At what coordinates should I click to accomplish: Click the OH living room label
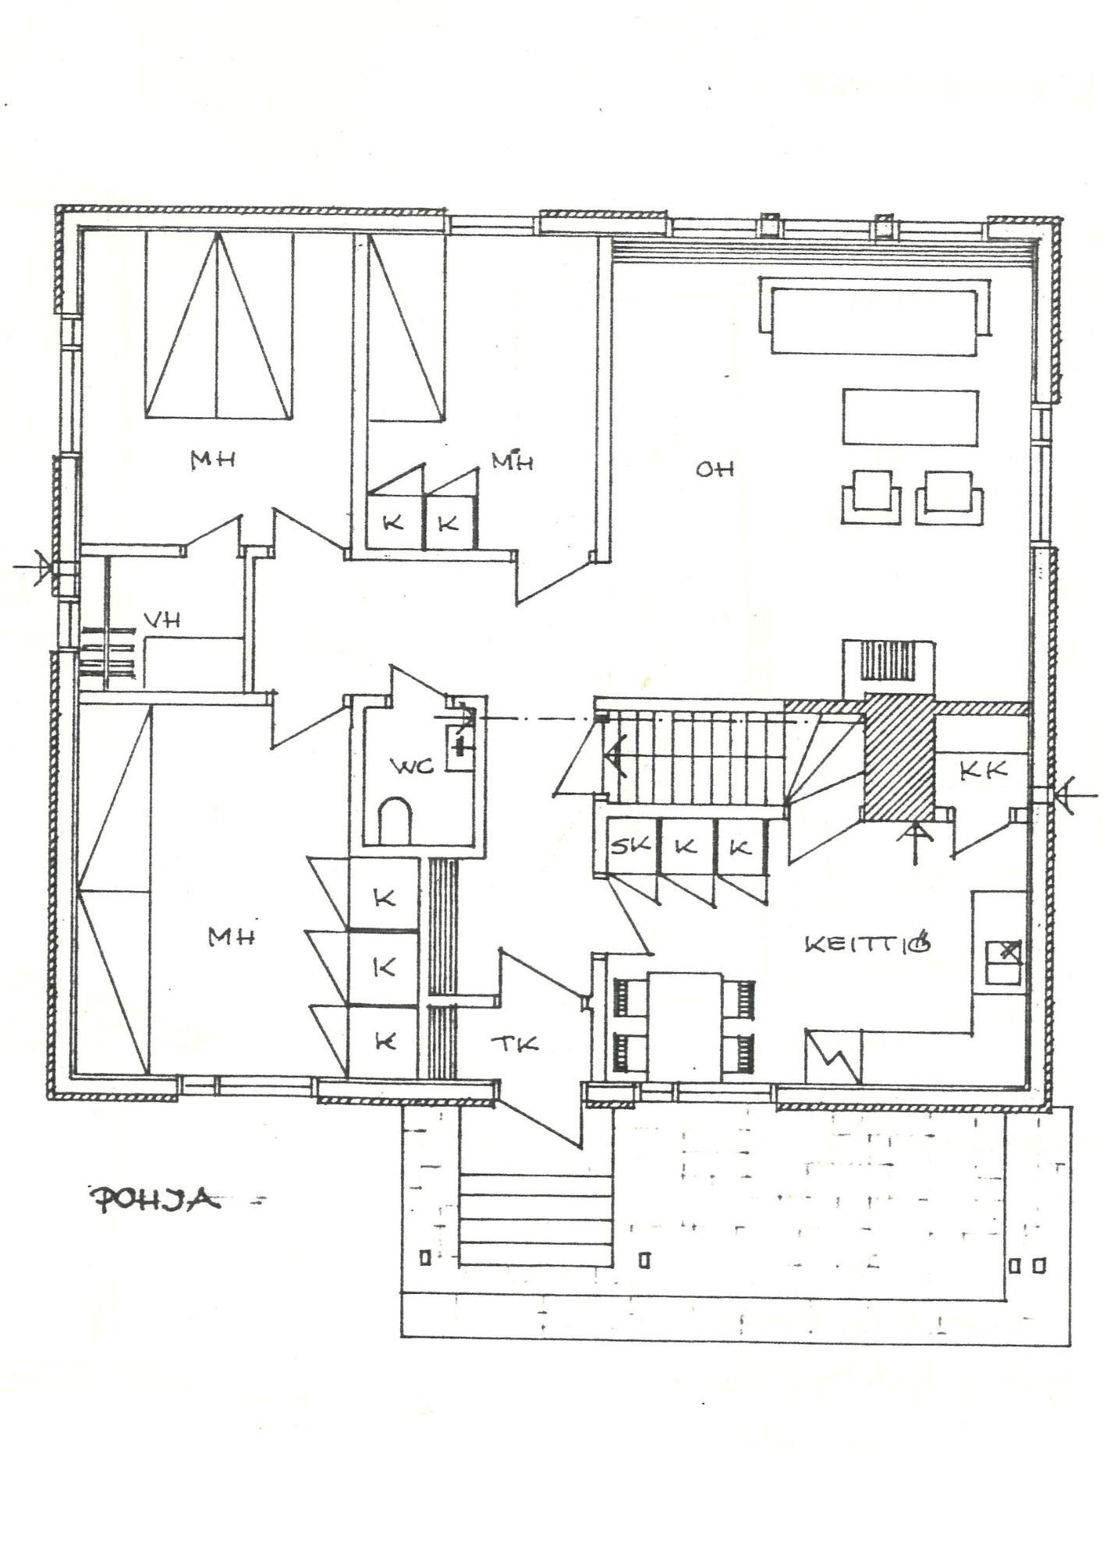pyautogui.click(x=715, y=469)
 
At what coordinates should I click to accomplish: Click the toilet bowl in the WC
pyautogui.click(x=395, y=823)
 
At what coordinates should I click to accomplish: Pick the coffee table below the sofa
pyautogui.click(x=910, y=417)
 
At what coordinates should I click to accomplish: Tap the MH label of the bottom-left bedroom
pyautogui.click(x=232, y=938)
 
